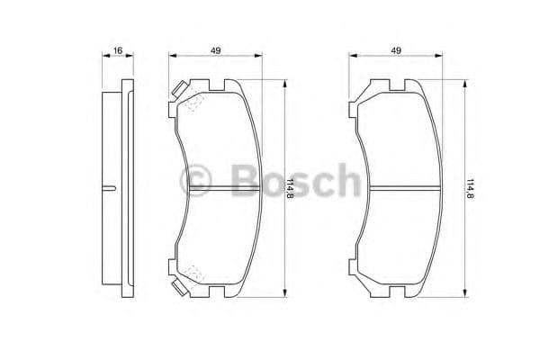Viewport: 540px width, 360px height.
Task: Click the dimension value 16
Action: pyautogui.click(x=118, y=51)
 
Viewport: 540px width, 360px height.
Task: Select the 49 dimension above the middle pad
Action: pyautogui.click(x=216, y=51)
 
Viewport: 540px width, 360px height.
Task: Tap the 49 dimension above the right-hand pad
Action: pyautogui.click(x=396, y=51)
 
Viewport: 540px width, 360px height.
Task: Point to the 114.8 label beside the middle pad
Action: pyautogui.click(x=290, y=188)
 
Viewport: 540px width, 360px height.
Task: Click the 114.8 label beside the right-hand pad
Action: pyautogui.click(x=470, y=188)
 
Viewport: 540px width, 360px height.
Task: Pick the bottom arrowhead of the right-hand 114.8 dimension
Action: pyautogui.click(x=464, y=292)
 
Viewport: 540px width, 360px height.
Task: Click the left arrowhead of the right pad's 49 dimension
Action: pyautogui.click(x=352, y=57)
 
